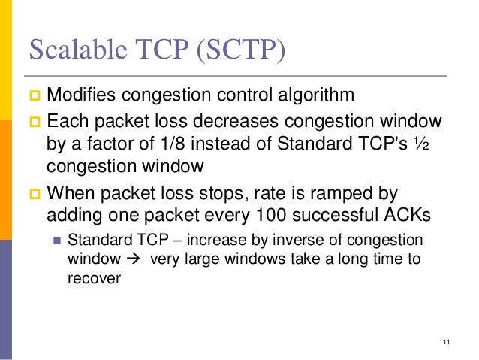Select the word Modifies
(x=80, y=97)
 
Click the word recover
(x=90, y=276)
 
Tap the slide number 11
(x=446, y=343)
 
